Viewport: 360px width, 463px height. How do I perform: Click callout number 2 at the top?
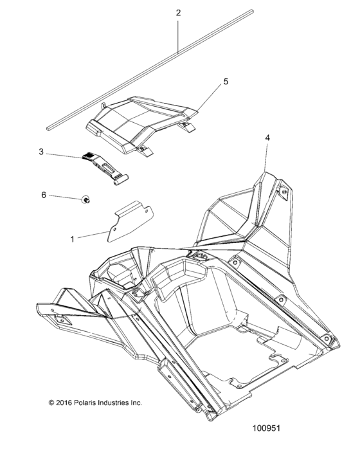point(178,13)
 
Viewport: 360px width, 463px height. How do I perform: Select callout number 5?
point(208,82)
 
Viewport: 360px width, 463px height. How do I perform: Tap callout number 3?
point(40,152)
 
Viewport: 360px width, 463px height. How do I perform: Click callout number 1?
point(72,239)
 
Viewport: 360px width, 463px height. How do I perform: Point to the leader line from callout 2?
point(178,32)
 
